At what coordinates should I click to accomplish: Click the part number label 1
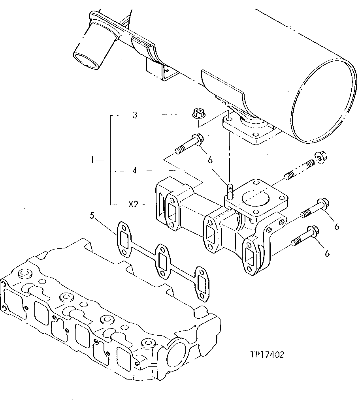coord(92,160)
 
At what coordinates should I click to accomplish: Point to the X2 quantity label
coord(133,205)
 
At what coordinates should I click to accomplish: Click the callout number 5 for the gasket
coord(92,216)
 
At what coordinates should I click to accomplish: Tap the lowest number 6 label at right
coord(327,254)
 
